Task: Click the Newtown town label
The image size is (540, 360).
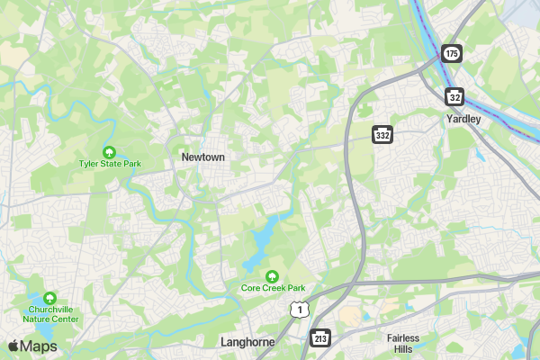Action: coord(202,157)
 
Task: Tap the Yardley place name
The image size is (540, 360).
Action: coord(463,119)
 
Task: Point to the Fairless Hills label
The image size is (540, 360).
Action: coord(403,343)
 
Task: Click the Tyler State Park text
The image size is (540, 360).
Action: coord(110,165)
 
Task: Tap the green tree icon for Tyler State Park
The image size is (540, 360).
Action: coord(110,151)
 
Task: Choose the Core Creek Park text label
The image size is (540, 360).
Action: coord(273,288)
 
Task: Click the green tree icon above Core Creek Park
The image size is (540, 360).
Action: coord(272,274)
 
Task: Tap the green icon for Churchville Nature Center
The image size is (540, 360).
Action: coord(50,297)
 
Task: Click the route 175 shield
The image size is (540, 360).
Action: coord(452,54)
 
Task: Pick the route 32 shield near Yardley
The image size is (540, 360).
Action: coord(456,95)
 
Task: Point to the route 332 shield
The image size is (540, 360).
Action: coord(382,134)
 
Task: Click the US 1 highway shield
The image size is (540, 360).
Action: coord(298,310)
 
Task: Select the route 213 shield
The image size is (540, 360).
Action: coord(321,337)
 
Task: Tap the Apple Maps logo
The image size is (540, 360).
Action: coord(32,346)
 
